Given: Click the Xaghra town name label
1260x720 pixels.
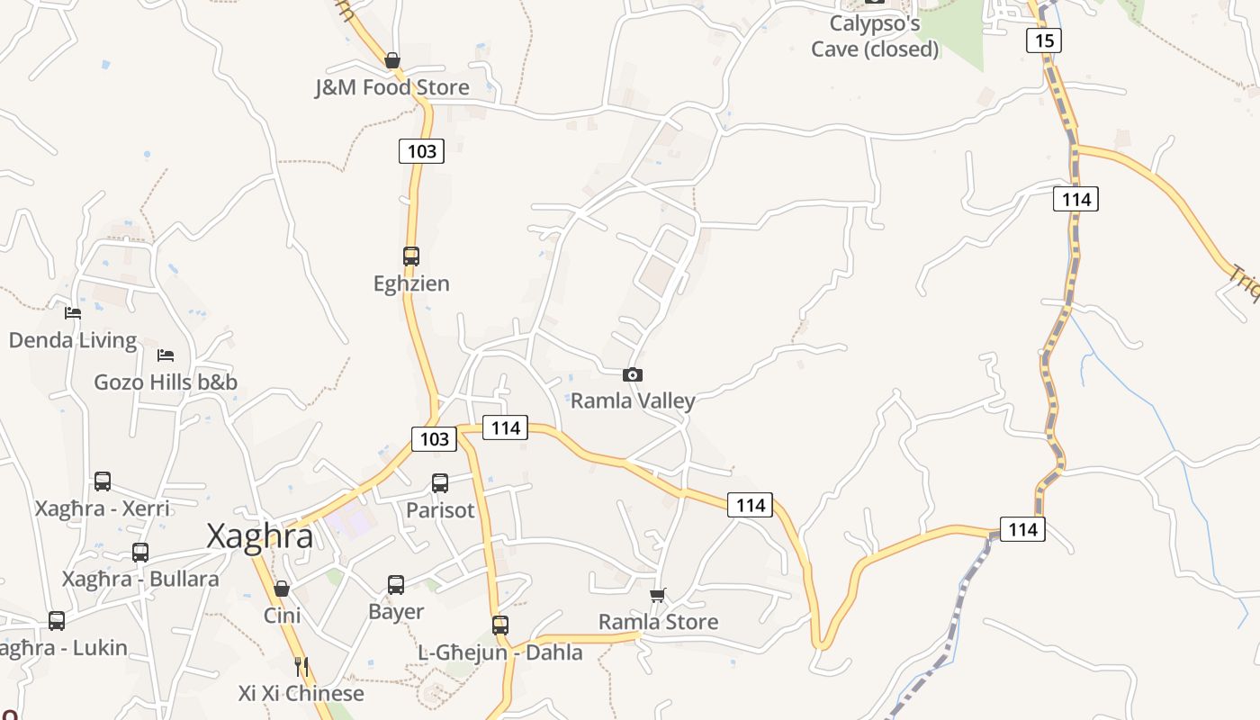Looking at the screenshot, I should (260, 536).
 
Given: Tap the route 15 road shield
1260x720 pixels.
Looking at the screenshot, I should (1043, 40).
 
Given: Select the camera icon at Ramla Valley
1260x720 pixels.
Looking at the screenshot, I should (633, 374).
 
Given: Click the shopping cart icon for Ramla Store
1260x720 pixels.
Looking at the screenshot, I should (658, 595).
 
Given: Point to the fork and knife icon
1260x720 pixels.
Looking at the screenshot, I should (301, 666).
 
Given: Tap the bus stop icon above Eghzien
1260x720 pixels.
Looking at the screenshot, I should (411, 256).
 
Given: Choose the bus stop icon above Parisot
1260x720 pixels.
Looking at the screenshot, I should (440, 483).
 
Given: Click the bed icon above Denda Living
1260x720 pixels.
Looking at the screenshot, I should (73, 313).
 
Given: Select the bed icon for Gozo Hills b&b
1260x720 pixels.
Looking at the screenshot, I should (166, 355).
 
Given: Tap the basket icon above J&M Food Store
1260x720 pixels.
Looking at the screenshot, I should (392, 60).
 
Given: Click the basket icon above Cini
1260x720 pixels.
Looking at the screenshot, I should (282, 589).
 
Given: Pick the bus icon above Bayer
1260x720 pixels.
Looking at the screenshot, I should (396, 585).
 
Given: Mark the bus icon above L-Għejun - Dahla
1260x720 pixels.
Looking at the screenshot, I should (500, 625).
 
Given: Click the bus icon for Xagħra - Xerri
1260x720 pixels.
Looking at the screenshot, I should (103, 481).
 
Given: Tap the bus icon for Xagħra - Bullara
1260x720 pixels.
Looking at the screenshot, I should (140, 553).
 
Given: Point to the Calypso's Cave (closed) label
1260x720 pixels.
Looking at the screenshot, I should (875, 37).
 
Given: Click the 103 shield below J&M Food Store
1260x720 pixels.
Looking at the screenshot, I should (421, 151).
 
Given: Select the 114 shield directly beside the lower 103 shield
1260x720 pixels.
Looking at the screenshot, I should (505, 427).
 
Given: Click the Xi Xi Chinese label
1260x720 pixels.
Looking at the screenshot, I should (301, 693).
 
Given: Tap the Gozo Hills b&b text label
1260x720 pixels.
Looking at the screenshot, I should (166, 382).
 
